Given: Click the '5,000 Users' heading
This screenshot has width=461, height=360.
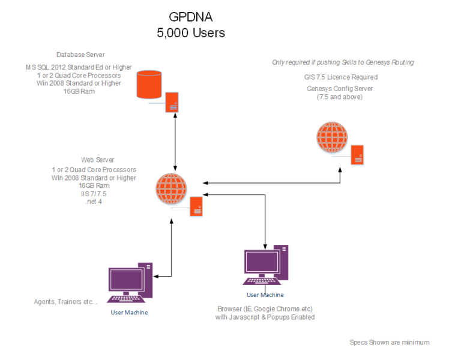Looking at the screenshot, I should pos(191,33).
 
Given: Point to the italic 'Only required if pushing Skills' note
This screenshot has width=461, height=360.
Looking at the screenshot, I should pos(343,62).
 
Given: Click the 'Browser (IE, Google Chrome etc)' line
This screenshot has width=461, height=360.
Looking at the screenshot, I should pos(265,309).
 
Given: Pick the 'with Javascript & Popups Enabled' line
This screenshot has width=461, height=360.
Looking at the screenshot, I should pos(265,317).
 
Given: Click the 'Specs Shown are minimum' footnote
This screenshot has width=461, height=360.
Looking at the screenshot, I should pos(390,343).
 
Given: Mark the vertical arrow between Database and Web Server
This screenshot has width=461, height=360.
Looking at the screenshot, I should pos(175,142).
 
